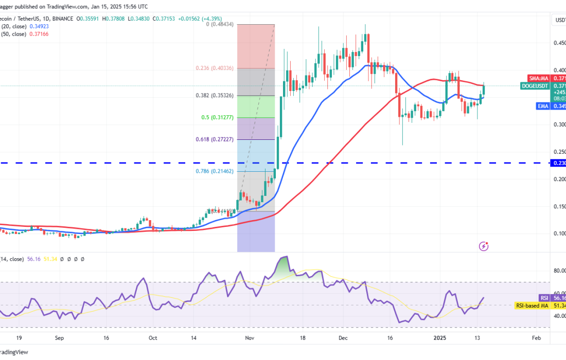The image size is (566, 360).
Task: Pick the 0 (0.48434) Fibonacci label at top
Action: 217,24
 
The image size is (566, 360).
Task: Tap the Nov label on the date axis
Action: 250,338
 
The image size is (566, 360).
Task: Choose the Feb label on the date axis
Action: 536,338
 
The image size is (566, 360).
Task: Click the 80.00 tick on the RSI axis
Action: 559,271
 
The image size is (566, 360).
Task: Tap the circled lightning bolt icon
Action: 483,246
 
